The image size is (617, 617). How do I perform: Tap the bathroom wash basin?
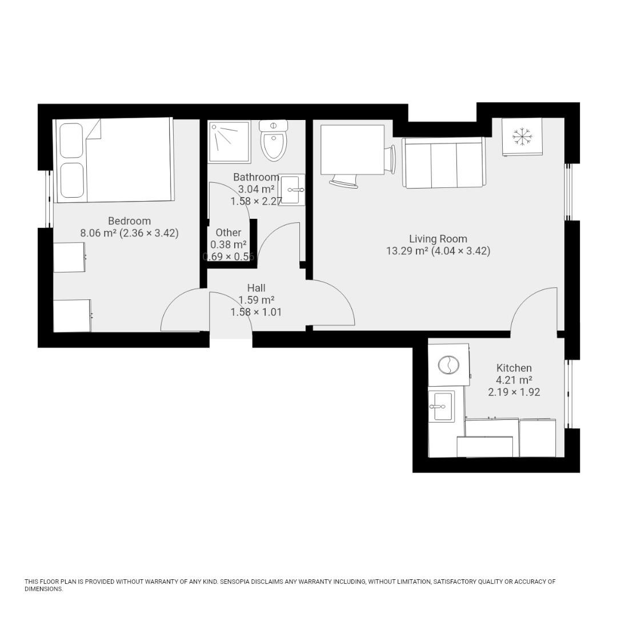point(292,190)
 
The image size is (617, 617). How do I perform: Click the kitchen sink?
point(441,406)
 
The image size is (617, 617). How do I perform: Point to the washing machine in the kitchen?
point(448,364)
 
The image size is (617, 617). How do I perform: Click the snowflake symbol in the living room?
point(521,137)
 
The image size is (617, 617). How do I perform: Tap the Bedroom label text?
point(130,221)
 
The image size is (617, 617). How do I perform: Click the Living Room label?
point(438,239)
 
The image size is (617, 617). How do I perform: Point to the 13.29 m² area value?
point(407,251)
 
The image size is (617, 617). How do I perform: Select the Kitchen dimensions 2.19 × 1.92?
point(514,392)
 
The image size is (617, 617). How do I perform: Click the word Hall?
point(256,288)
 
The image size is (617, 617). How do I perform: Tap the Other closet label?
point(229,233)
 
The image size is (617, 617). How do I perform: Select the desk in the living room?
point(352,150)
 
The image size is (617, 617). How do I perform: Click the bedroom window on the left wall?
point(49,199)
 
